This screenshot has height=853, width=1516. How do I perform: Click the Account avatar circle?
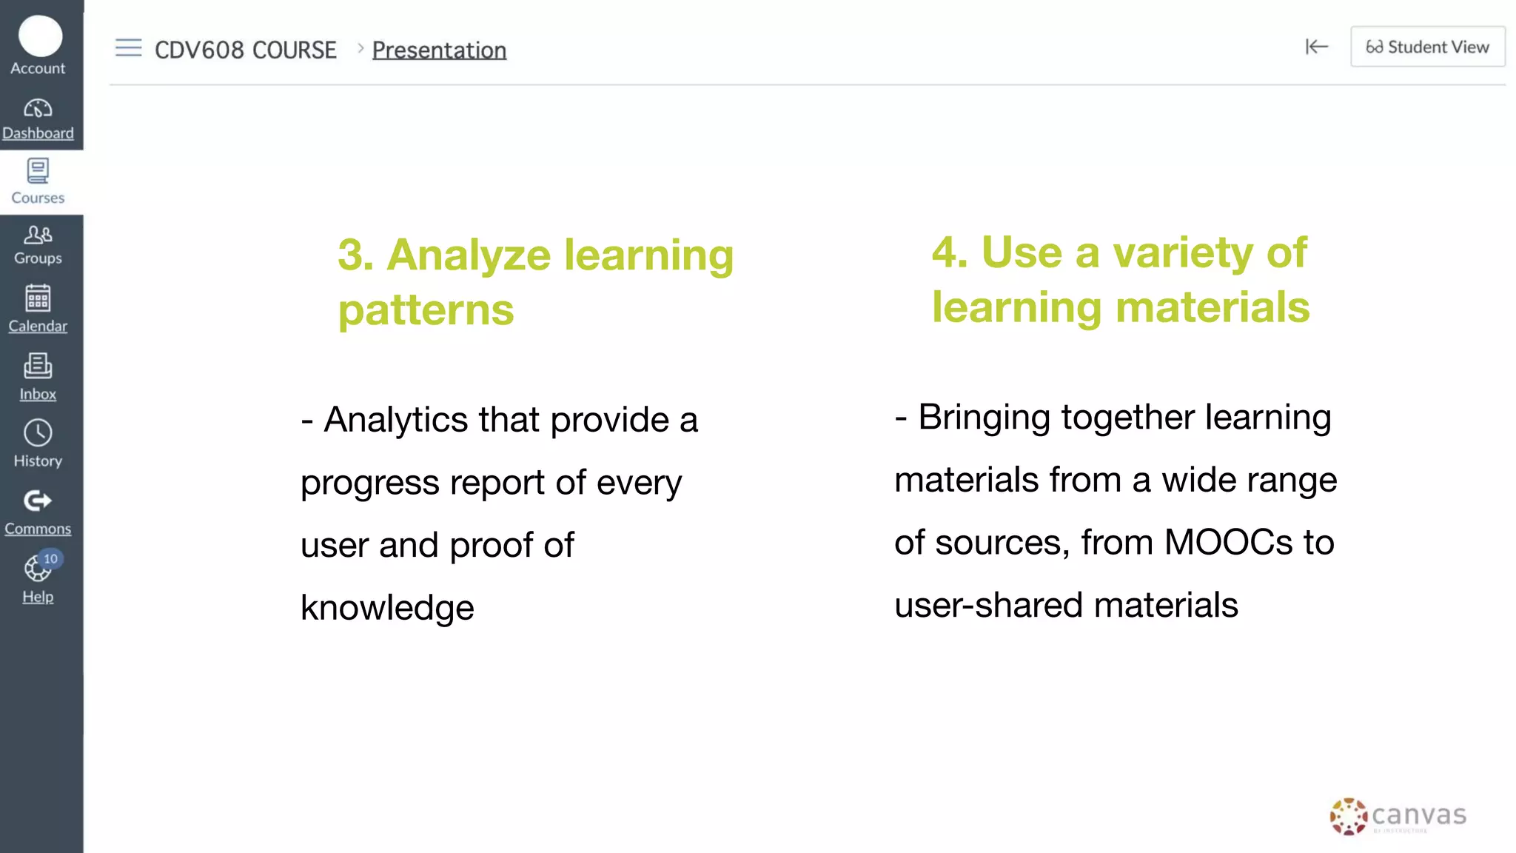[40, 36]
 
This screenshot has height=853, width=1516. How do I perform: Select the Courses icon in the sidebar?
[38, 171]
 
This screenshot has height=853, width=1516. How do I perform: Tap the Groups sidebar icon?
[38, 235]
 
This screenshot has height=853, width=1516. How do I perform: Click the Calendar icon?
[38, 298]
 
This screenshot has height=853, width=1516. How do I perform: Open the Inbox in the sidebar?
[38, 366]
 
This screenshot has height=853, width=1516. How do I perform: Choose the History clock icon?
[38, 433]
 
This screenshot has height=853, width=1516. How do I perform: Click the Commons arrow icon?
[38, 501]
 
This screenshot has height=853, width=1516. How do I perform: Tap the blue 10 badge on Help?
[50, 559]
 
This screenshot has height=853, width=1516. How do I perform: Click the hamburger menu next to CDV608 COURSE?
[128, 48]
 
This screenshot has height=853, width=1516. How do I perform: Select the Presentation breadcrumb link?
[439, 50]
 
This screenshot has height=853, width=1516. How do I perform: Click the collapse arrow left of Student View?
[1316, 47]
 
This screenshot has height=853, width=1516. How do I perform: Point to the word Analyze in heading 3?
[469, 255]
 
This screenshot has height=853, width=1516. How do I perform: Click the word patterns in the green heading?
[426, 310]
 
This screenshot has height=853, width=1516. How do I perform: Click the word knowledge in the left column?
[387, 609]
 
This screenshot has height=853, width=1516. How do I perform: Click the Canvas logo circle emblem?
[1348, 817]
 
